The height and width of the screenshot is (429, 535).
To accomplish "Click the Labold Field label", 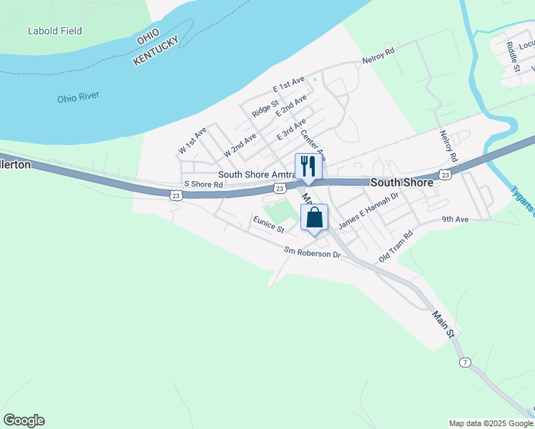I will point(55,31).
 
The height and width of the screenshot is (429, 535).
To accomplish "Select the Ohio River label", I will point(79,97).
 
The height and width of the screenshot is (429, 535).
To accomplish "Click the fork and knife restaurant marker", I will point(309,166).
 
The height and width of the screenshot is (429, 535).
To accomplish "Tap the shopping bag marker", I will point(315,217).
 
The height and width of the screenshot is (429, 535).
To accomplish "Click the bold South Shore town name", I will point(401,182).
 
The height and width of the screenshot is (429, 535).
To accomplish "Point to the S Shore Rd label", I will point(204,184).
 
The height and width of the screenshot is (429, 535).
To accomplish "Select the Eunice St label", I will point(268,225).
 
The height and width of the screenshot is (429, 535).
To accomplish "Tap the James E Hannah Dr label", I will point(368,213).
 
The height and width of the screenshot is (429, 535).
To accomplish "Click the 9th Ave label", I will point(455,220).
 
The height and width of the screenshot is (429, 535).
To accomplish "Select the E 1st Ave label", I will point(289,84).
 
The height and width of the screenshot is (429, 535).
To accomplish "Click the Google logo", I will point(24,420).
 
